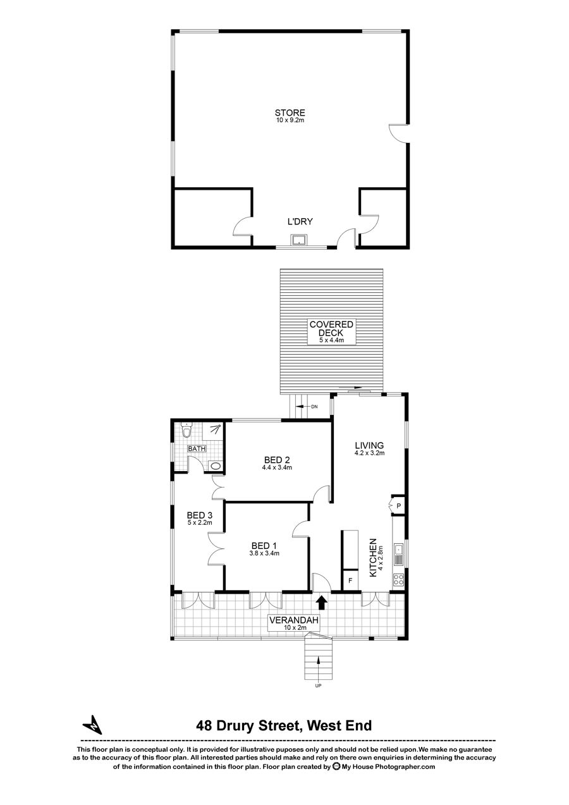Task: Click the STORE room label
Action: click(x=290, y=113)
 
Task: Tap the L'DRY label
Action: click(x=300, y=222)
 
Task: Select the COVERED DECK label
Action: click(x=331, y=329)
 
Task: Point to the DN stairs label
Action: click(x=314, y=407)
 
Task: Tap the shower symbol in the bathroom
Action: click(x=215, y=429)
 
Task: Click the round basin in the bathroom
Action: click(x=215, y=466)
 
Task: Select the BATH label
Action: click(x=197, y=448)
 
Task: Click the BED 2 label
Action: click(x=277, y=460)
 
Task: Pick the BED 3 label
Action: click(x=199, y=515)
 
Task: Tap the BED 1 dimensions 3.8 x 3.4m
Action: click(x=264, y=553)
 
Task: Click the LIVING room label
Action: click(x=369, y=446)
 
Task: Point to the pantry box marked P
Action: click(x=398, y=506)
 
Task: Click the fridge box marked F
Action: click(x=351, y=580)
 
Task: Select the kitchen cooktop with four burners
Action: click(x=398, y=579)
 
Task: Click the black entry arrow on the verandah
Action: click(x=322, y=603)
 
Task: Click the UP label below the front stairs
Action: click(x=318, y=685)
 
